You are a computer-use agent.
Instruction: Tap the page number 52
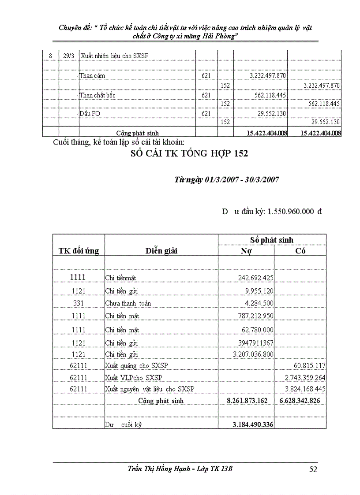coord(313,469)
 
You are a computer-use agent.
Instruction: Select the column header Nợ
coord(246,251)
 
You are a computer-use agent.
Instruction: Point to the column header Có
coord(300,251)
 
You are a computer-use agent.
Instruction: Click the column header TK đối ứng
coord(79,251)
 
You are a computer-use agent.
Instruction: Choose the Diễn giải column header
coord(161,251)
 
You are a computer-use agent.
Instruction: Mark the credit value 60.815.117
coord(309,365)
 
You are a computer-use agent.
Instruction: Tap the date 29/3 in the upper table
coord(68,56)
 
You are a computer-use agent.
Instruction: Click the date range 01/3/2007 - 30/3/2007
coord(227,180)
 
